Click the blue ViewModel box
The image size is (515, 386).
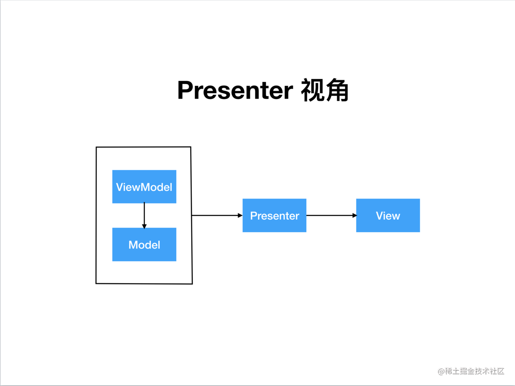point(144,187)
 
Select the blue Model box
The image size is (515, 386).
point(144,245)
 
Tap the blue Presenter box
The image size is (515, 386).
point(275,216)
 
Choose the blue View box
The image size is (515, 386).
point(388,216)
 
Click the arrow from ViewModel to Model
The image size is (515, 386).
point(144,216)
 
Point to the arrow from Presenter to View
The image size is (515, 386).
point(331,216)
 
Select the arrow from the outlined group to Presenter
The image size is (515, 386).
point(217,216)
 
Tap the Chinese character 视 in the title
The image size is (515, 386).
point(312,90)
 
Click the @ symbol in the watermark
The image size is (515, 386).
point(441,371)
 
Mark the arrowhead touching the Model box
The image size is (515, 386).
point(144,226)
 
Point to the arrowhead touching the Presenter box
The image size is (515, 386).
point(240,216)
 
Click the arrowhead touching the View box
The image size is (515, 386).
point(355,216)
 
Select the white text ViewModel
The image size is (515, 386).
point(144,187)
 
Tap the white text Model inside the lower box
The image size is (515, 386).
point(144,245)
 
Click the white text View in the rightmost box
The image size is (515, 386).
point(388,216)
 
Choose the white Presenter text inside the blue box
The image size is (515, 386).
point(275,216)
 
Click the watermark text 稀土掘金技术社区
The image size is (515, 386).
point(474,371)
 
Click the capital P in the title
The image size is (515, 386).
point(186,90)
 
